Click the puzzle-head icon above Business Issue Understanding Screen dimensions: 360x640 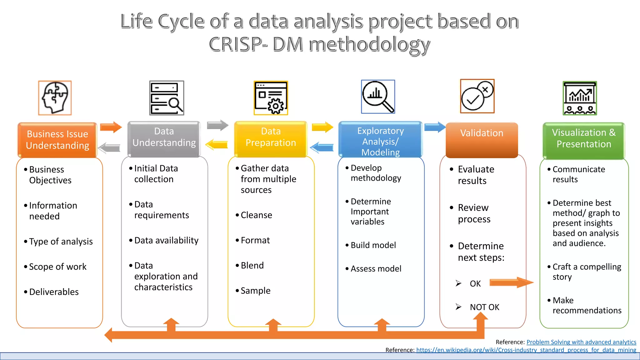[55, 98]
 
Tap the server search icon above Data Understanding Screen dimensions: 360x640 [167, 98]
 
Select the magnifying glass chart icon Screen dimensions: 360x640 [378, 97]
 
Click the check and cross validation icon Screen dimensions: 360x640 [477, 96]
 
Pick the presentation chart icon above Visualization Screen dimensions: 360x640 [580, 98]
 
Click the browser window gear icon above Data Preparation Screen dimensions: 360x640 [271, 98]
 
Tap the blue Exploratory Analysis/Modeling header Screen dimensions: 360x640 [380, 141]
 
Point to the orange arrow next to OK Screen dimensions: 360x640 [511, 282]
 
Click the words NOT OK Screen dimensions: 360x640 [484, 307]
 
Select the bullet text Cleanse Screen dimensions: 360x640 [256, 215]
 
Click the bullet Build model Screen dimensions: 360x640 [373, 245]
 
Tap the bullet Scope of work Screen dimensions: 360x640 [57, 267]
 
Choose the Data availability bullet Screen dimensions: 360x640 [166, 240]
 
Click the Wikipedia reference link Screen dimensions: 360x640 [526, 350]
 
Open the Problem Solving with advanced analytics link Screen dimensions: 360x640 [581, 342]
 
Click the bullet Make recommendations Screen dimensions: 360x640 [587, 305]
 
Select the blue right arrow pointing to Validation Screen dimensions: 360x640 [435, 127]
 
